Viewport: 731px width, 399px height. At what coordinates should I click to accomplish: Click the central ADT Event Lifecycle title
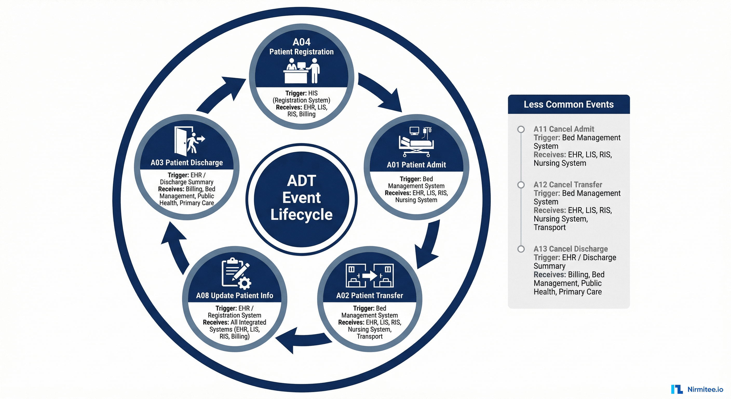(x=301, y=198)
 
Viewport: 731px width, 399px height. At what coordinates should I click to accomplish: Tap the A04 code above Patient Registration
(x=301, y=42)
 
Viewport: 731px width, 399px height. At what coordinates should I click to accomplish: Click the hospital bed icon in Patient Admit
(x=416, y=142)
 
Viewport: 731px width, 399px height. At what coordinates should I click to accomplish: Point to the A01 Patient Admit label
(x=416, y=165)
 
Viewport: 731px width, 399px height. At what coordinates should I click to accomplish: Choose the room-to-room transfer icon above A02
(x=369, y=275)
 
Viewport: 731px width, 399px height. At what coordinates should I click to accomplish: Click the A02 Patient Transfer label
(x=369, y=295)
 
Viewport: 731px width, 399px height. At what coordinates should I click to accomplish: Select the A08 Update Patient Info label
(x=234, y=295)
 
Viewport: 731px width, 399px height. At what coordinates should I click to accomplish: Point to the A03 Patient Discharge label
(x=187, y=162)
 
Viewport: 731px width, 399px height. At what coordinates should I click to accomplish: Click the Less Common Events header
(x=568, y=104)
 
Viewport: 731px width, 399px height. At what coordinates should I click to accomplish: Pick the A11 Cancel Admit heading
(x=564, y=129)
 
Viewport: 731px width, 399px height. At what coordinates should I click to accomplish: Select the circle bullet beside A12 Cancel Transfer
(x=521, y=185)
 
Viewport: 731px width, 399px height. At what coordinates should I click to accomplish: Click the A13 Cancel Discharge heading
(x=570, y=249)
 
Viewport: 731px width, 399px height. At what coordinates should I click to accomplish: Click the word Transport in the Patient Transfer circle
(x=369, y=336)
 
